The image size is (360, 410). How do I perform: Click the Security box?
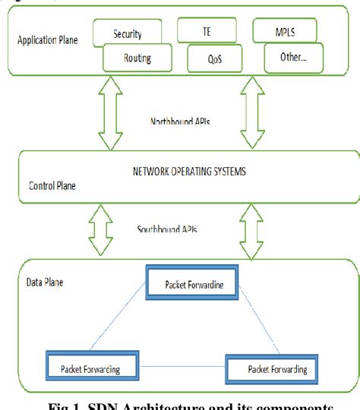(x=127, y=33)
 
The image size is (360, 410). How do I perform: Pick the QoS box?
(x=217, y=57)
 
